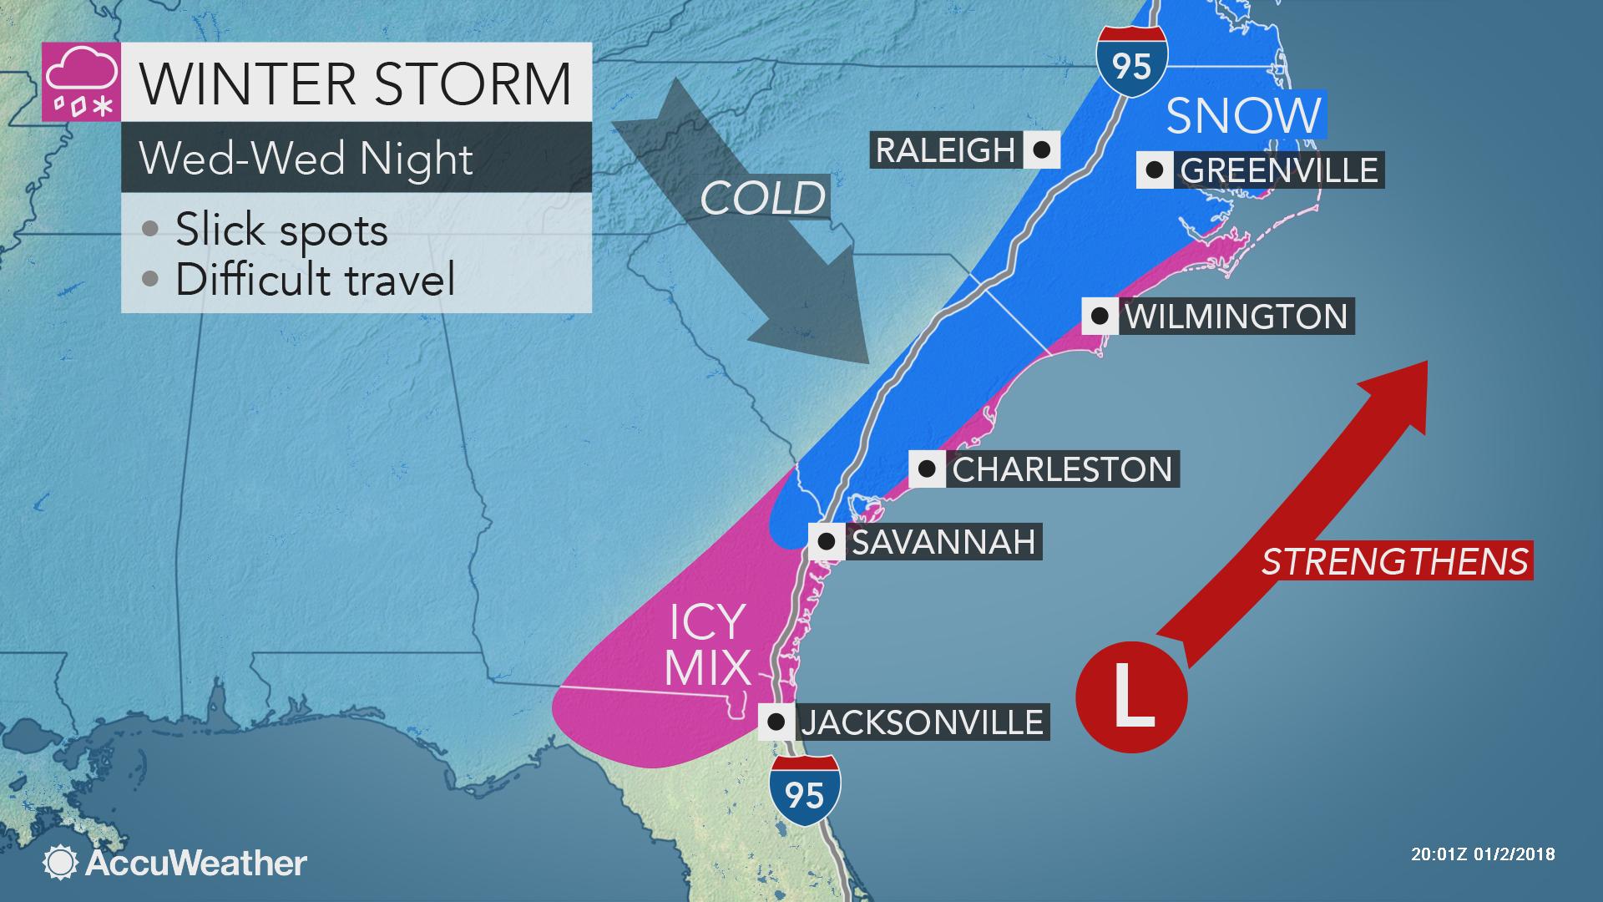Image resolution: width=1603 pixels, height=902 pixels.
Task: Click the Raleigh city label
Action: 943,150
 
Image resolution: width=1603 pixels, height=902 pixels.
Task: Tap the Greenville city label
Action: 1278,170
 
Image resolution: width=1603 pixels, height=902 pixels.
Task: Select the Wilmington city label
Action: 1236,317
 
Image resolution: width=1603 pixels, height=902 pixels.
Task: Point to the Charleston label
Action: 1062,469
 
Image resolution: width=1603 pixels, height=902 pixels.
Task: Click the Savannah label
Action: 943,542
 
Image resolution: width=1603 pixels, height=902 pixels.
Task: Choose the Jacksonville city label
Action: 922,722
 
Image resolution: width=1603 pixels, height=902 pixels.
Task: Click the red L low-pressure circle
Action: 1131,697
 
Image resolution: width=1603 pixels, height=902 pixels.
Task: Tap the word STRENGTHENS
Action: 1395,561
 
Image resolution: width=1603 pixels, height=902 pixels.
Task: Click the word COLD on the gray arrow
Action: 762,199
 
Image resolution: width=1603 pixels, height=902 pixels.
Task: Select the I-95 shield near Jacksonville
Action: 805,791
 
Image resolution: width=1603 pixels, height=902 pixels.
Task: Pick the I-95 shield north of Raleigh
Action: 1131,63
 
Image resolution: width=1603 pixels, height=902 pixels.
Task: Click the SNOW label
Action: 1243,115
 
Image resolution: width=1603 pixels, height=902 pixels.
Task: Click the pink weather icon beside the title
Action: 81,81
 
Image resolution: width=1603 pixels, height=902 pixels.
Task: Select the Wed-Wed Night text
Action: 306,159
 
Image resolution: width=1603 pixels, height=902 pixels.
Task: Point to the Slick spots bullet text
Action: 281,230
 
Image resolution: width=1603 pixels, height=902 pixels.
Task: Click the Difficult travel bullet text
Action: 315,279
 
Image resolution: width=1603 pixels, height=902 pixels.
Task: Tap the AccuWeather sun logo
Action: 60,863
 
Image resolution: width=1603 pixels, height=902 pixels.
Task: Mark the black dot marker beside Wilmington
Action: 1100,317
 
